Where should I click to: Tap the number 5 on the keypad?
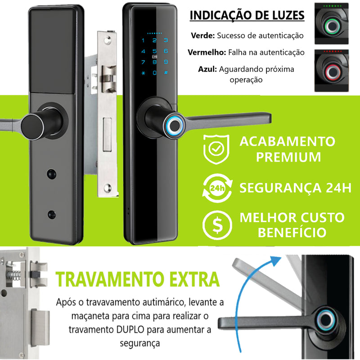pos(154,51)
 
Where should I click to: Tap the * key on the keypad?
pos(143,73)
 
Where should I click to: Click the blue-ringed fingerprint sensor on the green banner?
pos(175,126)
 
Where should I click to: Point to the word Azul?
pos(207,69)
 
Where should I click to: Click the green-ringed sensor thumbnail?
pos(332,24)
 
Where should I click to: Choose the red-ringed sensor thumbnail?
pos(332,71)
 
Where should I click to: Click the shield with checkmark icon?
pos(216,149)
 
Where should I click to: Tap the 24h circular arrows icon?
pos(217,188)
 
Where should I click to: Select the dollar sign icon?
pos(217,225)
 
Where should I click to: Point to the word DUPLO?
pos(130,330)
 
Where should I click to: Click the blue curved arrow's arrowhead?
pos(275,261)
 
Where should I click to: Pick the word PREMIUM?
pos(288,157)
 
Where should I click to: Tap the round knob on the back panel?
pos(32,126)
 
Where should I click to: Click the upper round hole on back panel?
pos(51,174)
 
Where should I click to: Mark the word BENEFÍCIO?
pos(292,232)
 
